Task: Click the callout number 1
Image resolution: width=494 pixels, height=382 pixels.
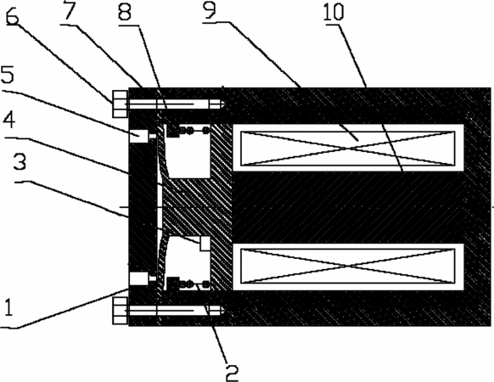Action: point(8,306)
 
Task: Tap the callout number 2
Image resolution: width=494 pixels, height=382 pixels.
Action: point(232,373)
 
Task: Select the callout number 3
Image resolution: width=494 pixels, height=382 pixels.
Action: point(20,161)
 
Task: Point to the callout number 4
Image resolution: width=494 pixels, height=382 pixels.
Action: point(9,120)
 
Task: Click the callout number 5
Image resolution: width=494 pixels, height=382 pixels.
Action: point(8,75)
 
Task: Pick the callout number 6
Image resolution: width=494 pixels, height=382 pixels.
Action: point(12,17)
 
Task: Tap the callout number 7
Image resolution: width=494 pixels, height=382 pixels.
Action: point(69,10)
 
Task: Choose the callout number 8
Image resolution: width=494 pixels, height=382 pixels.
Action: point(125,12)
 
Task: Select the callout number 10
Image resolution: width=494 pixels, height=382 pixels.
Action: point(334,12)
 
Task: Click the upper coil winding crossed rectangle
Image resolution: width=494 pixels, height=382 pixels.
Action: point(348,149)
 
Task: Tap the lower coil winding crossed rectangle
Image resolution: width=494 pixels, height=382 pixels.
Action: point(348,267)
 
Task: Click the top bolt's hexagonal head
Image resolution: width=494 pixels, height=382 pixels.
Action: point(120,104)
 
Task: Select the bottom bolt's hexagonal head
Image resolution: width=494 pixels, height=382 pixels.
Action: point(120,311)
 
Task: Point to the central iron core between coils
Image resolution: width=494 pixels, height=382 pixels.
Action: point(348,207)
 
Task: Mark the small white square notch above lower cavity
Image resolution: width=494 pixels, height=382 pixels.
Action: point(205,244)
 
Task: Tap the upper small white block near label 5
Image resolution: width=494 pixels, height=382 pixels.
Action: point(138,136)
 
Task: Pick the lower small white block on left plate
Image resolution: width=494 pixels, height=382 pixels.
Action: point(138,278)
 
